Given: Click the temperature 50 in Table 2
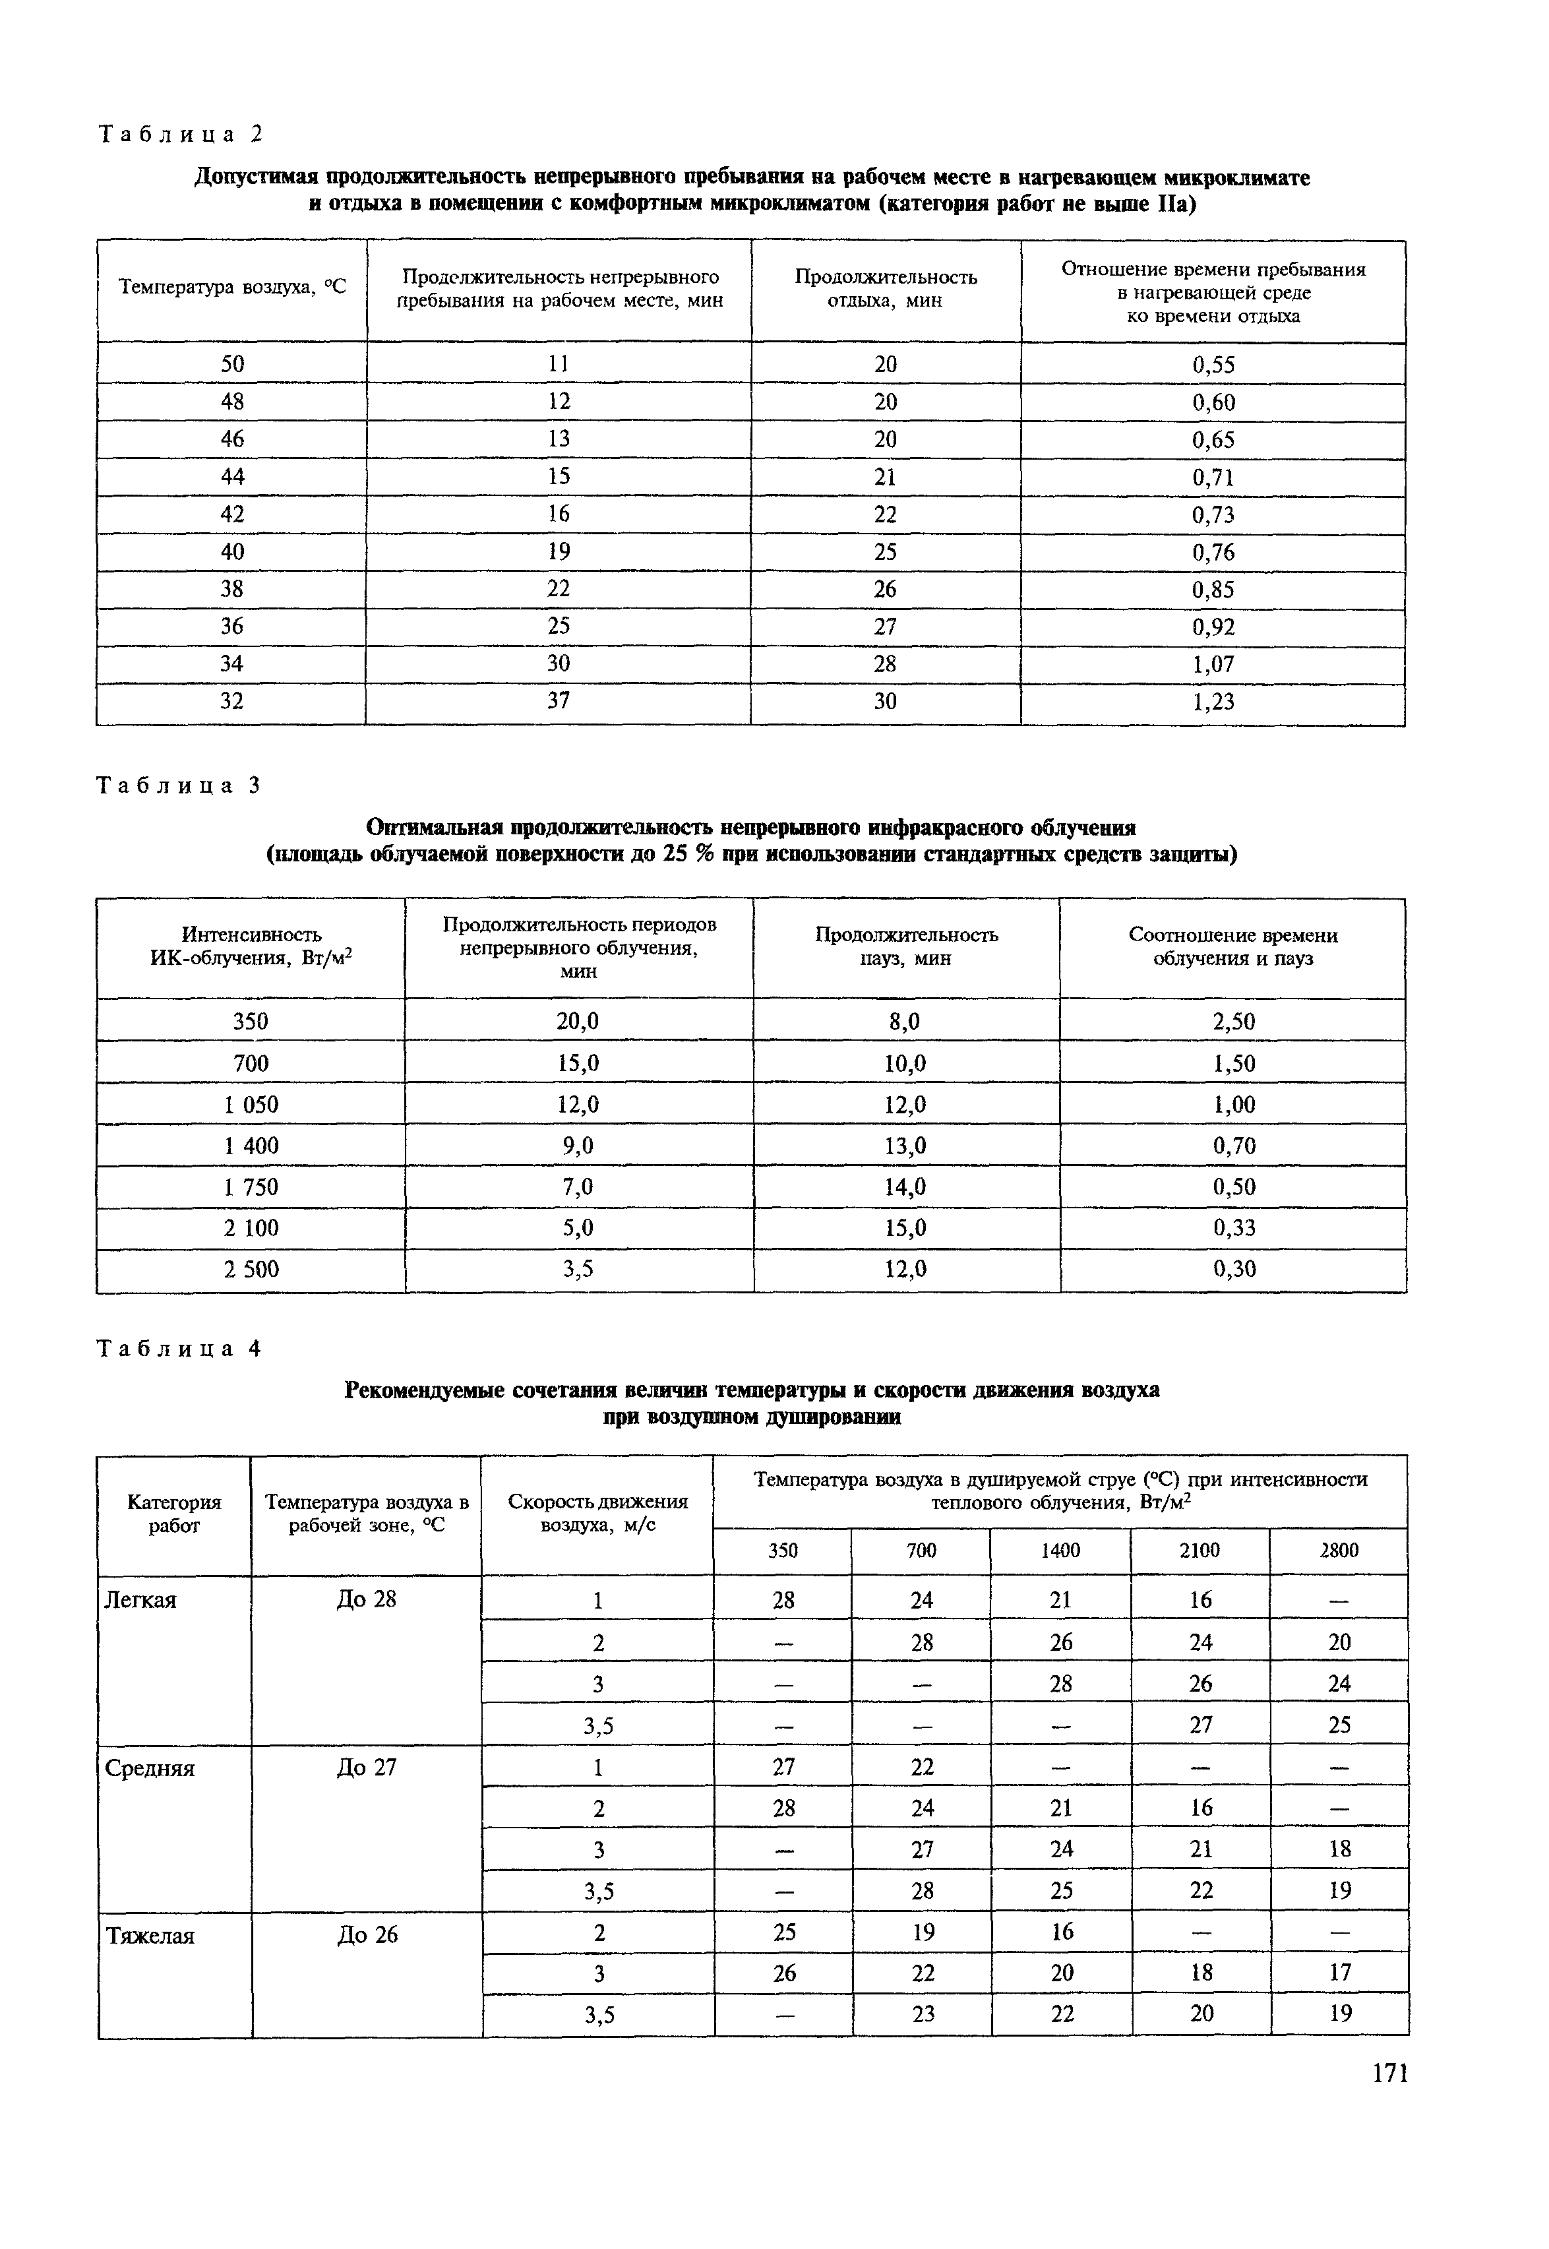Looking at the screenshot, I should [232, 364].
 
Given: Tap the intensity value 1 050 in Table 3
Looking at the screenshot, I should [251, 1105].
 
